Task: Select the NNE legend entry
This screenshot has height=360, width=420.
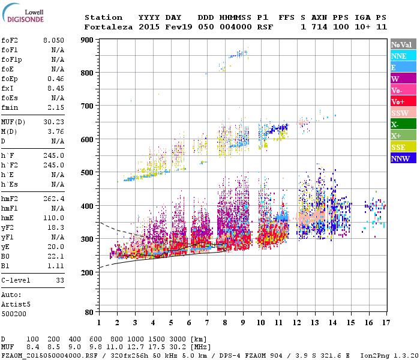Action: pyautogui.click(x=403, y=56)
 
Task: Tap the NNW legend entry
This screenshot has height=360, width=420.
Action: pyautogui.click(x=403, y=158)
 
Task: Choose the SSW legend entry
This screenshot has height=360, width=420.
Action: pyautogui.click(x=403, y=113)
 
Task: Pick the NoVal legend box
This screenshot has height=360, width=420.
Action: pyautogui.click(x=403, y=44)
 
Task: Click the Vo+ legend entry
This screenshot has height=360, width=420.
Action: pyautogui.click(x=403, y=101)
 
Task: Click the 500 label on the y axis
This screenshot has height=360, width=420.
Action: pyautogui.click(x=89, y=173)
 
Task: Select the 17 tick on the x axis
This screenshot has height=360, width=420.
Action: pyautogui.click(x=385, y=323)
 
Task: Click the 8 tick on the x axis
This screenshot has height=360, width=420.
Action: pyautogui.click(x=225, y=323)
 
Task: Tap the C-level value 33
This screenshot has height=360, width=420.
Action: pyautogui.click(x=59, y=280)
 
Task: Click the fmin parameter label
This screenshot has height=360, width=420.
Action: pyautogui.click(x=10, y=107)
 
